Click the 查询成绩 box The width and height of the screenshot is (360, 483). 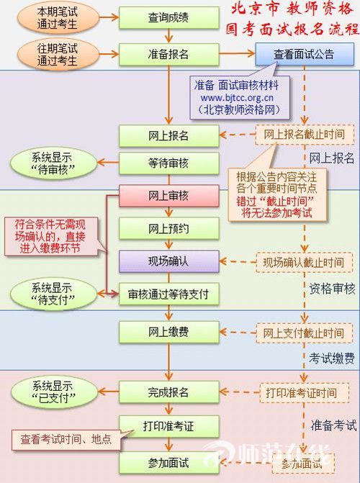(169, 17)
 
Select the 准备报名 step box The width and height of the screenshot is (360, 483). (169, 54)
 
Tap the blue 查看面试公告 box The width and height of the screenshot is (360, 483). (305, 54)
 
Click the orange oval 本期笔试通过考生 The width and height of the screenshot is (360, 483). (58, 18)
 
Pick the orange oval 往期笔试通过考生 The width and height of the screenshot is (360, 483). (58, 54)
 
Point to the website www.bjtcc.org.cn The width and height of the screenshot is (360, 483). (237, 98)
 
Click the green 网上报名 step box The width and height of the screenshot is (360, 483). (169, 136)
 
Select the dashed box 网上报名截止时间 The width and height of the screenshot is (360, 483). (305, 135)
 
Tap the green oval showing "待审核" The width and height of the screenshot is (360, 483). (53, 163)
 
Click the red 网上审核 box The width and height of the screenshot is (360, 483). (169, 196)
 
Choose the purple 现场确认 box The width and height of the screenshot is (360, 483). (169, 261)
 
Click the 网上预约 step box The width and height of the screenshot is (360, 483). (169, 229)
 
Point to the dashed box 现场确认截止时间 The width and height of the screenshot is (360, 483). (304, 263)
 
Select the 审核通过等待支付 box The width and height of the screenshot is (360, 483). (169, 294)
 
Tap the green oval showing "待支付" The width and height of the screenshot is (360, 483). (53, 294)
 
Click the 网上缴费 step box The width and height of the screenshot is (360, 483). (169, 333)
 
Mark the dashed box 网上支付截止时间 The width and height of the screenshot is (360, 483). (305, 333)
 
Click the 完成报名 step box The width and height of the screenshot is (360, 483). (169, 392)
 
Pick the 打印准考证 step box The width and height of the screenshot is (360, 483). (169, 427)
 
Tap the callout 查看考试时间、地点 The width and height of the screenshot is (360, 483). (66, 440)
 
